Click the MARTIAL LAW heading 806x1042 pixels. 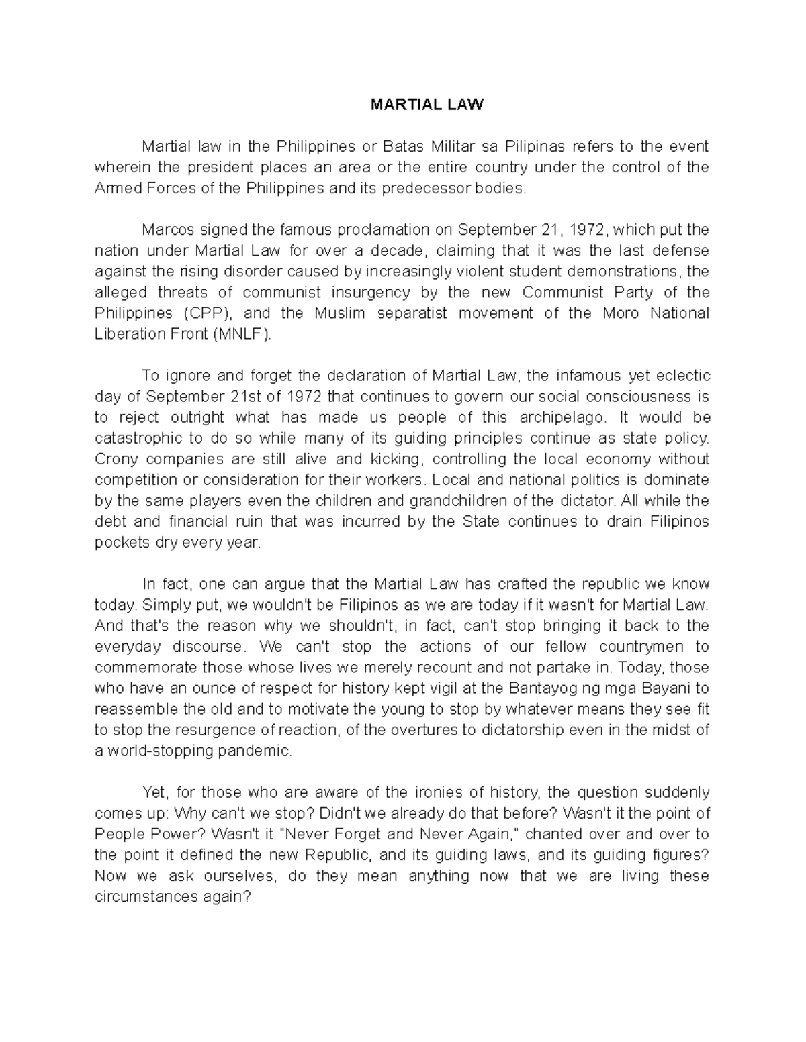(427, 105)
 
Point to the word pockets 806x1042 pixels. (122, 542)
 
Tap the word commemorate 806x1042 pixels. (146, 667)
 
